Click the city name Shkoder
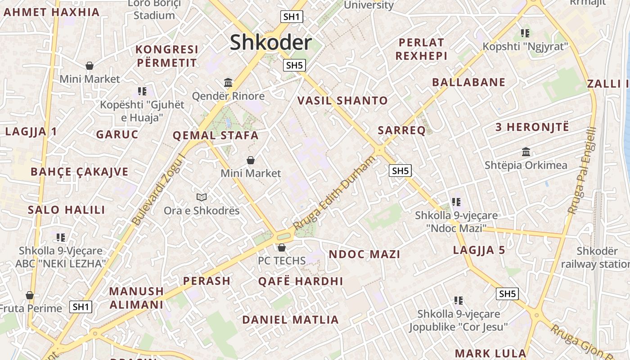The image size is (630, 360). click(x=270, y=43)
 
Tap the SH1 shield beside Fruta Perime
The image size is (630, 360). click(x=81, y=307)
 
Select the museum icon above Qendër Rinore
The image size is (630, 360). click(x=228, y=83)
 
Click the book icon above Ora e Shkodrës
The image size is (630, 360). click(x=202, y=197)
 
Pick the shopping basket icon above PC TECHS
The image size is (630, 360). click(x=281, y=247)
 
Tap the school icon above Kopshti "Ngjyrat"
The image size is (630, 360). click(x=525, y=33)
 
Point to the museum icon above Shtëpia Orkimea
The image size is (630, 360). click(x=526, y=152)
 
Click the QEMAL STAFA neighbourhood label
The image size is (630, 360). click(x=216, y=135)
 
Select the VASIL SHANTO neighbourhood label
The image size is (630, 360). click(x=342, y=101)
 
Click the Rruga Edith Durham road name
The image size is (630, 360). click(x=334, y=193)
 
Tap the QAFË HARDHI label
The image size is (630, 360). click(x=300, y=282)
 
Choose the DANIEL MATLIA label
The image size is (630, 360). click(x=290, y=320)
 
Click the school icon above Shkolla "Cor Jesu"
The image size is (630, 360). click(x=458, y=300)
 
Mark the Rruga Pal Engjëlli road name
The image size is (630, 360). click(x=582, y=171)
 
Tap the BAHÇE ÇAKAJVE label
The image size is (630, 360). click(x=79, y=172)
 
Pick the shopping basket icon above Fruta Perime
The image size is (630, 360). click(x=30, y=295)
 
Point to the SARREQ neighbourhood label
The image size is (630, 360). click(x=401, y=130)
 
